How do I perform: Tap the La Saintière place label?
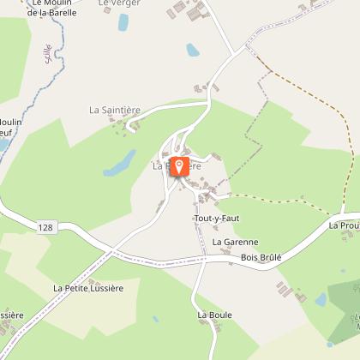pyautogui.click(x=114, y=111)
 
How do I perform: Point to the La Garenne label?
pyautogui.click(x=235, y=243)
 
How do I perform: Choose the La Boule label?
pyautogui.click(x=214, y=315)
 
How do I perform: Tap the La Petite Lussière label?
pyautogui.click(x=88, y=288)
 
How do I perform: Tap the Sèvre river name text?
pyautogui.click(x=46, y=52)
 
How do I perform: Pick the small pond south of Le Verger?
pyautogui.click(x=193, y=51)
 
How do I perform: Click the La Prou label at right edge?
pyautogui.click(x=344, y=225)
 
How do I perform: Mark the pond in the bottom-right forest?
pyautogui.click(x=321, y=299)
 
